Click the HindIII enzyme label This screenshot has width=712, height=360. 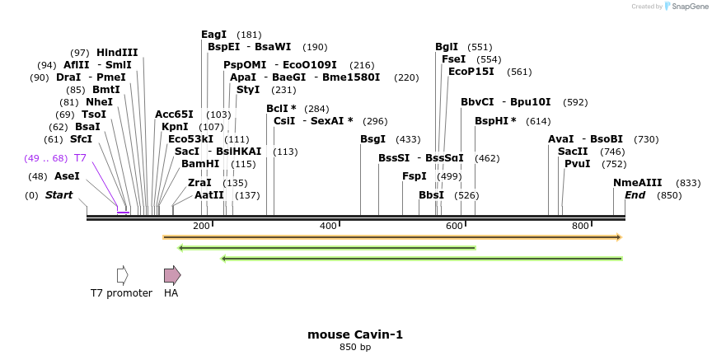tap(117, 53)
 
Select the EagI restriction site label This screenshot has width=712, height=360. tap(213, 35)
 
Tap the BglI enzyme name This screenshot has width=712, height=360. tap(447, 47)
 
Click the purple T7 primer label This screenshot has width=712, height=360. tap(80, 157)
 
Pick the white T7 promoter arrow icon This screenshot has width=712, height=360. tap(122, 275)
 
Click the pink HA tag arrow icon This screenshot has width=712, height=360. tap(171, 275)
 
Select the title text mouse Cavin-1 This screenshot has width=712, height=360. tap(355, 334)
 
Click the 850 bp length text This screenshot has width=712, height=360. tap(355, 348)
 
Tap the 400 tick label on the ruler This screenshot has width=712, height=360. tap(328, 226)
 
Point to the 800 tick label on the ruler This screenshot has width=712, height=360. tap(580, 226)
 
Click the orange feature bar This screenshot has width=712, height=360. tap(391, 237)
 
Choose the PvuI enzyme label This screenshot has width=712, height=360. tap(578, 164)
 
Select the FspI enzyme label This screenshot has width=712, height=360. tap(415, 176)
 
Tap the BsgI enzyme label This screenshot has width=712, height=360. tap(372, 139)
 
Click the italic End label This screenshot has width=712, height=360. tap(635, 195)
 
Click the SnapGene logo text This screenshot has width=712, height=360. tap(688, 6)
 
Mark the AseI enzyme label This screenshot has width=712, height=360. tap(67, 176)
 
